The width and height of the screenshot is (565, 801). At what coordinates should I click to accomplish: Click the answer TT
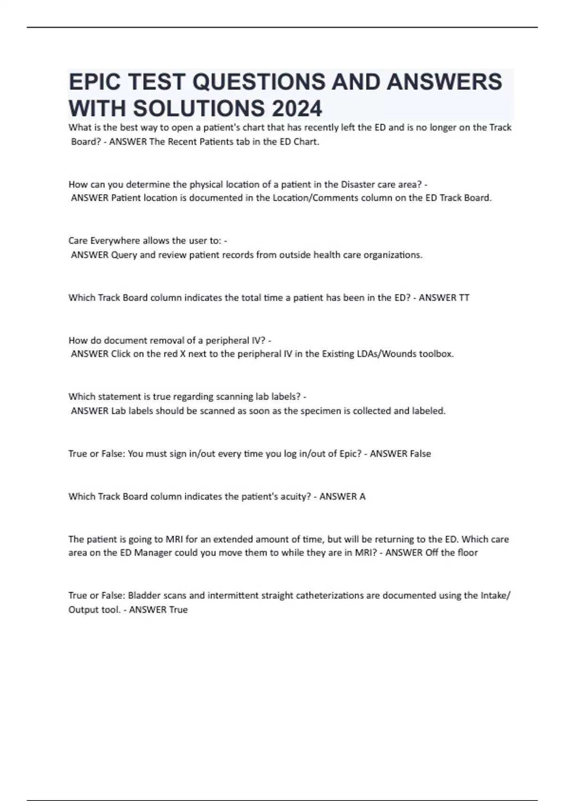pyautogui.click(x=464, y=298)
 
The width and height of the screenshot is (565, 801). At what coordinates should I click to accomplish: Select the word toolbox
pyautogui.click(x=437, y=354)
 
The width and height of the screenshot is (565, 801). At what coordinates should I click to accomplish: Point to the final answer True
pyautogui.click(x=178, y=610)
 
